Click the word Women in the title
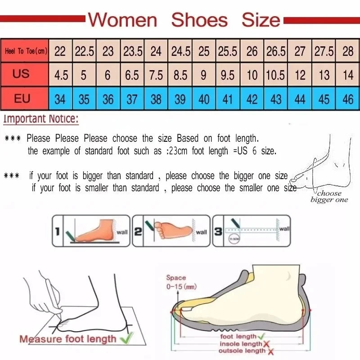click(122, 20)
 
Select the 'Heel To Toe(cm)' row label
click(25, 51)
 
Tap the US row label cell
click(21, 74)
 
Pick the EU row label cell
click(22, 98)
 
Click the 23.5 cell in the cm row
click(132, 51)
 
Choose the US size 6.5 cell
click(132, 75)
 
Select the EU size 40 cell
click(204, 99)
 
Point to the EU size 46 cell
click(348, 99)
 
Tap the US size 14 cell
click(348, 75)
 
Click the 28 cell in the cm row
click(348, 51)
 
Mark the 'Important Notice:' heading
click(41, 119)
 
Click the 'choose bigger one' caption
click(329, 197)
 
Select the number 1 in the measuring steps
click(57, 232)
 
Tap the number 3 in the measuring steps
click(218, 232)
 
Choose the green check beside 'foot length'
click(262, 336)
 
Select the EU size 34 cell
click(60, 99)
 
